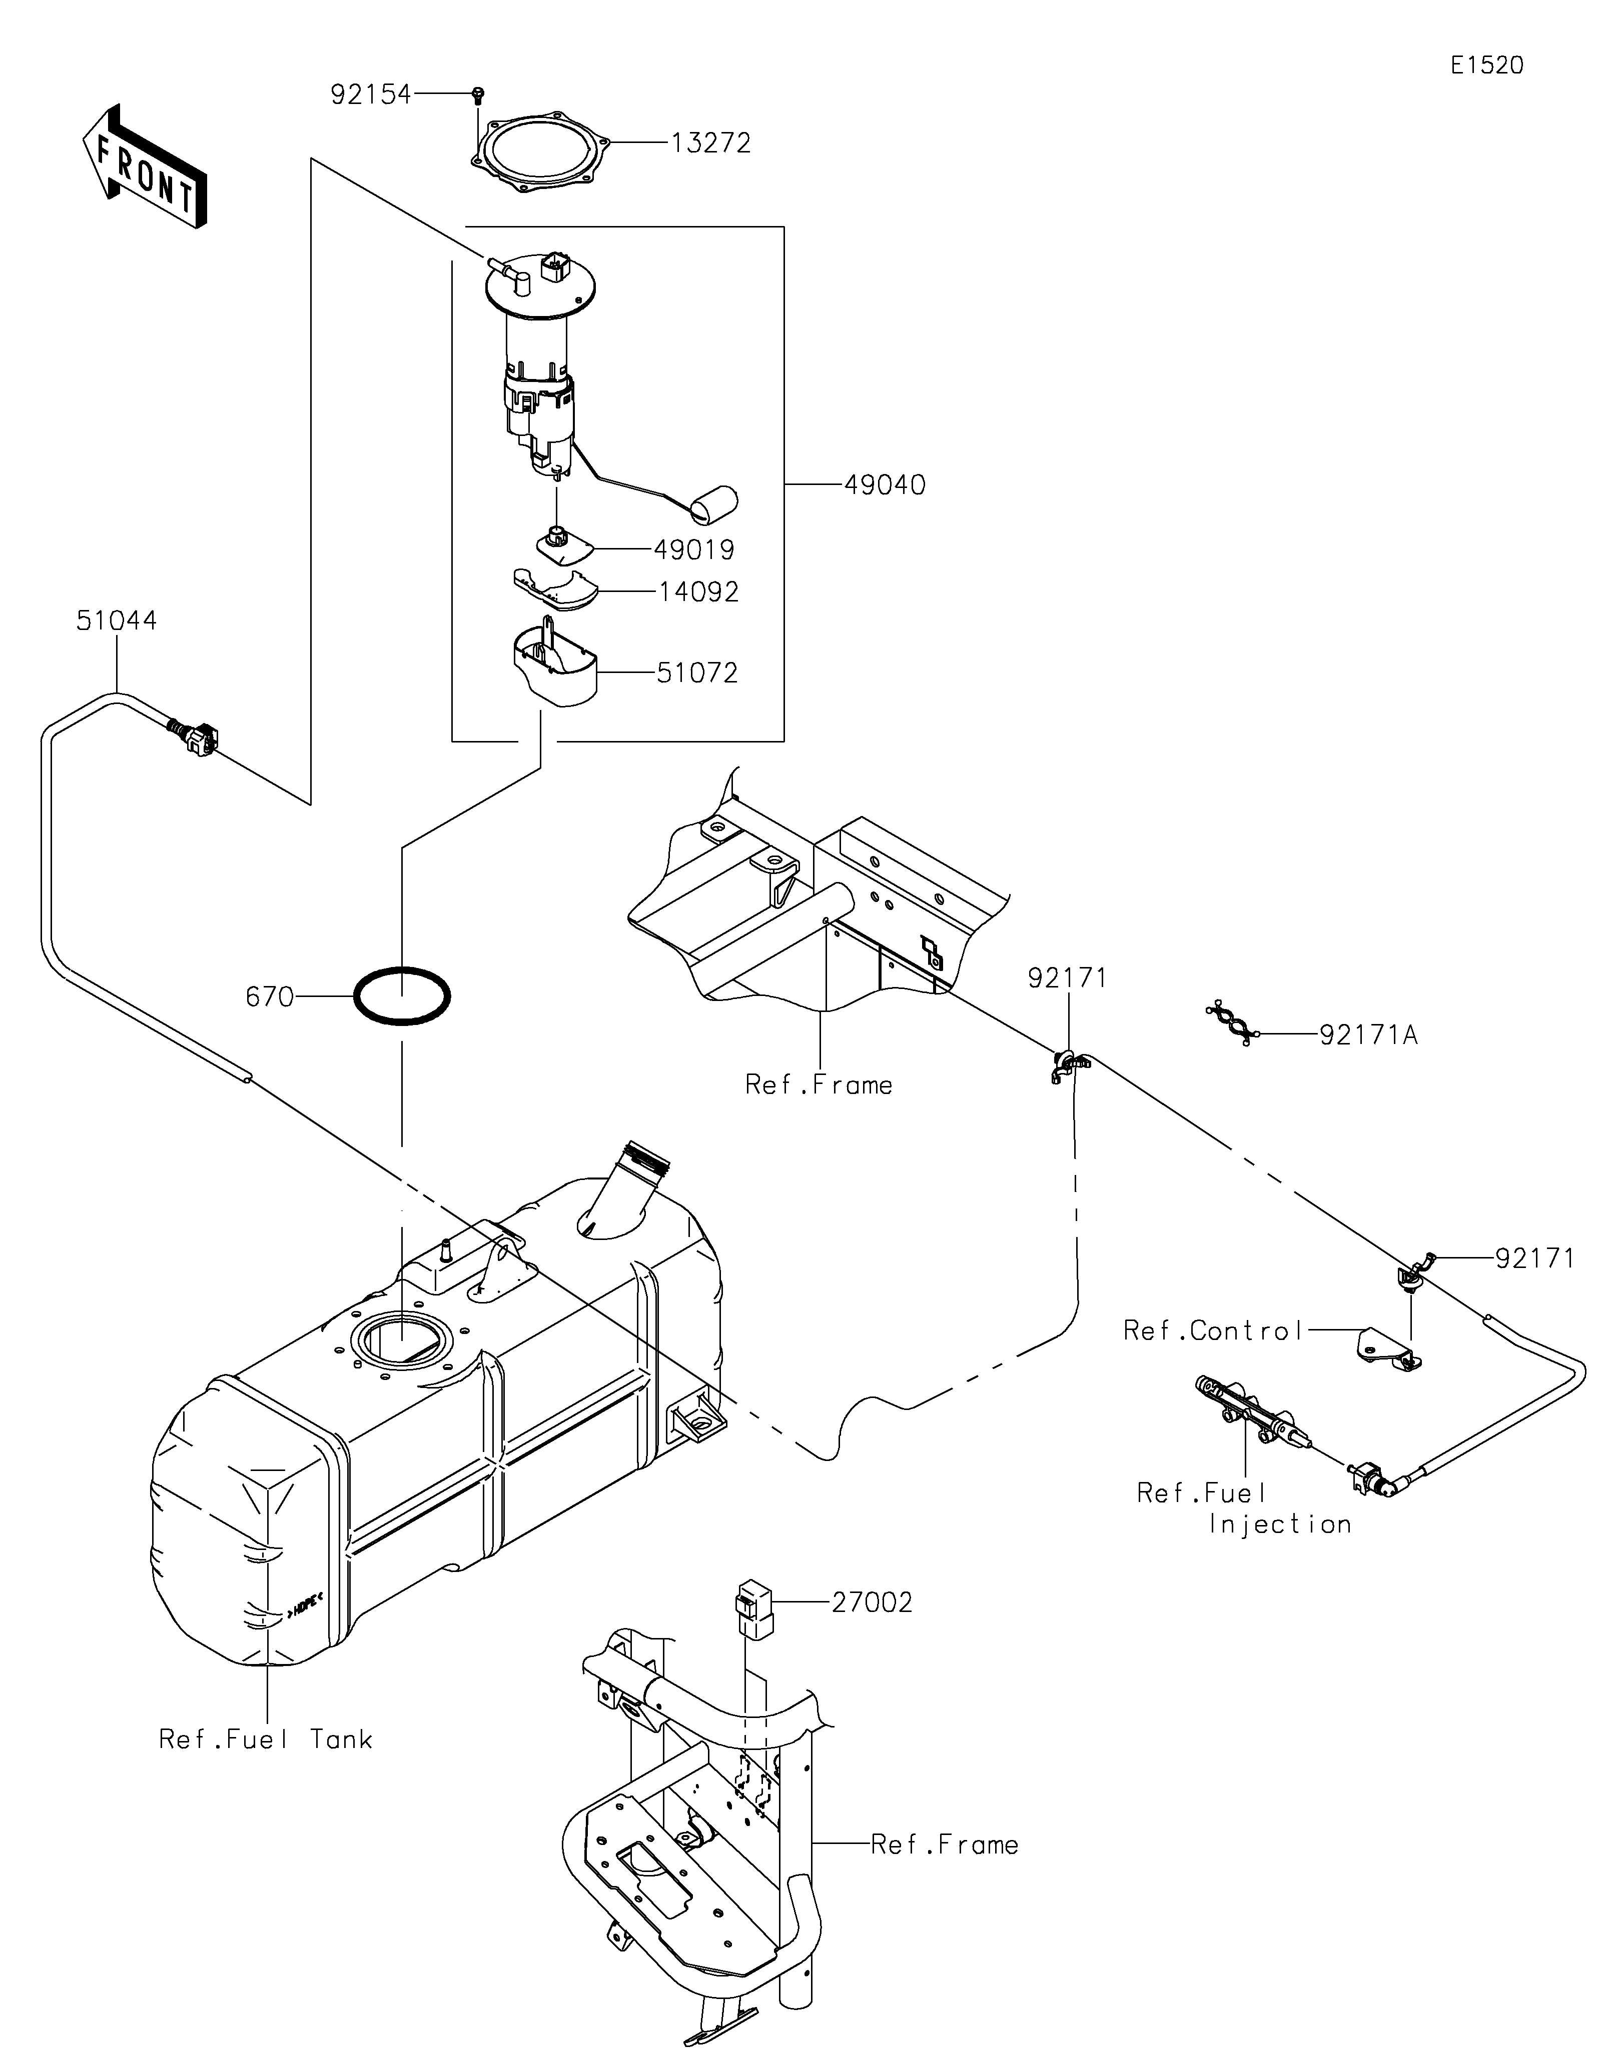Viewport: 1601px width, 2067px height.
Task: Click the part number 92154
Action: [x=370, y=94]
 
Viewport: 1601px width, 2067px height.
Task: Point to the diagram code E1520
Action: [x=1487, y=65]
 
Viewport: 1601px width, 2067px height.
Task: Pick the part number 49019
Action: [x=694, y=550]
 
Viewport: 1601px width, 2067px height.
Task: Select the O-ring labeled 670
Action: [x=402, y=995]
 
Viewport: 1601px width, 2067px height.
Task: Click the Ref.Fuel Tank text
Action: [x=265, y=1739]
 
